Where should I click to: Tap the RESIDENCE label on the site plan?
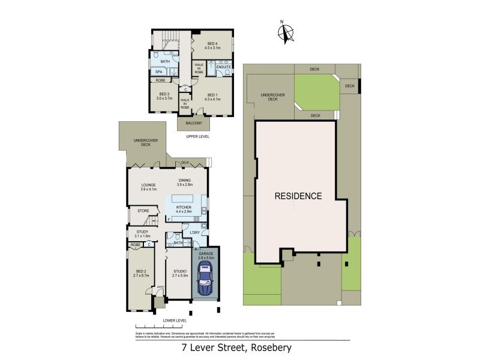[x=299, y=196]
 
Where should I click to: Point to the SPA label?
[x=160, y=71]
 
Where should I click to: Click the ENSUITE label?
[x=223, y=67]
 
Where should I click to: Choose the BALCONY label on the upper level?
[x=193, y=124]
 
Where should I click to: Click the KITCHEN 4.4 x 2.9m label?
[x=184, y=209]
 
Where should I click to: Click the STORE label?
[x=143, y=211]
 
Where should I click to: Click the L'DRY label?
[x=194, y=232]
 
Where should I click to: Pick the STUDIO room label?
[x=180, y=273]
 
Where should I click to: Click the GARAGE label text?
[x=206, y=254]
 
